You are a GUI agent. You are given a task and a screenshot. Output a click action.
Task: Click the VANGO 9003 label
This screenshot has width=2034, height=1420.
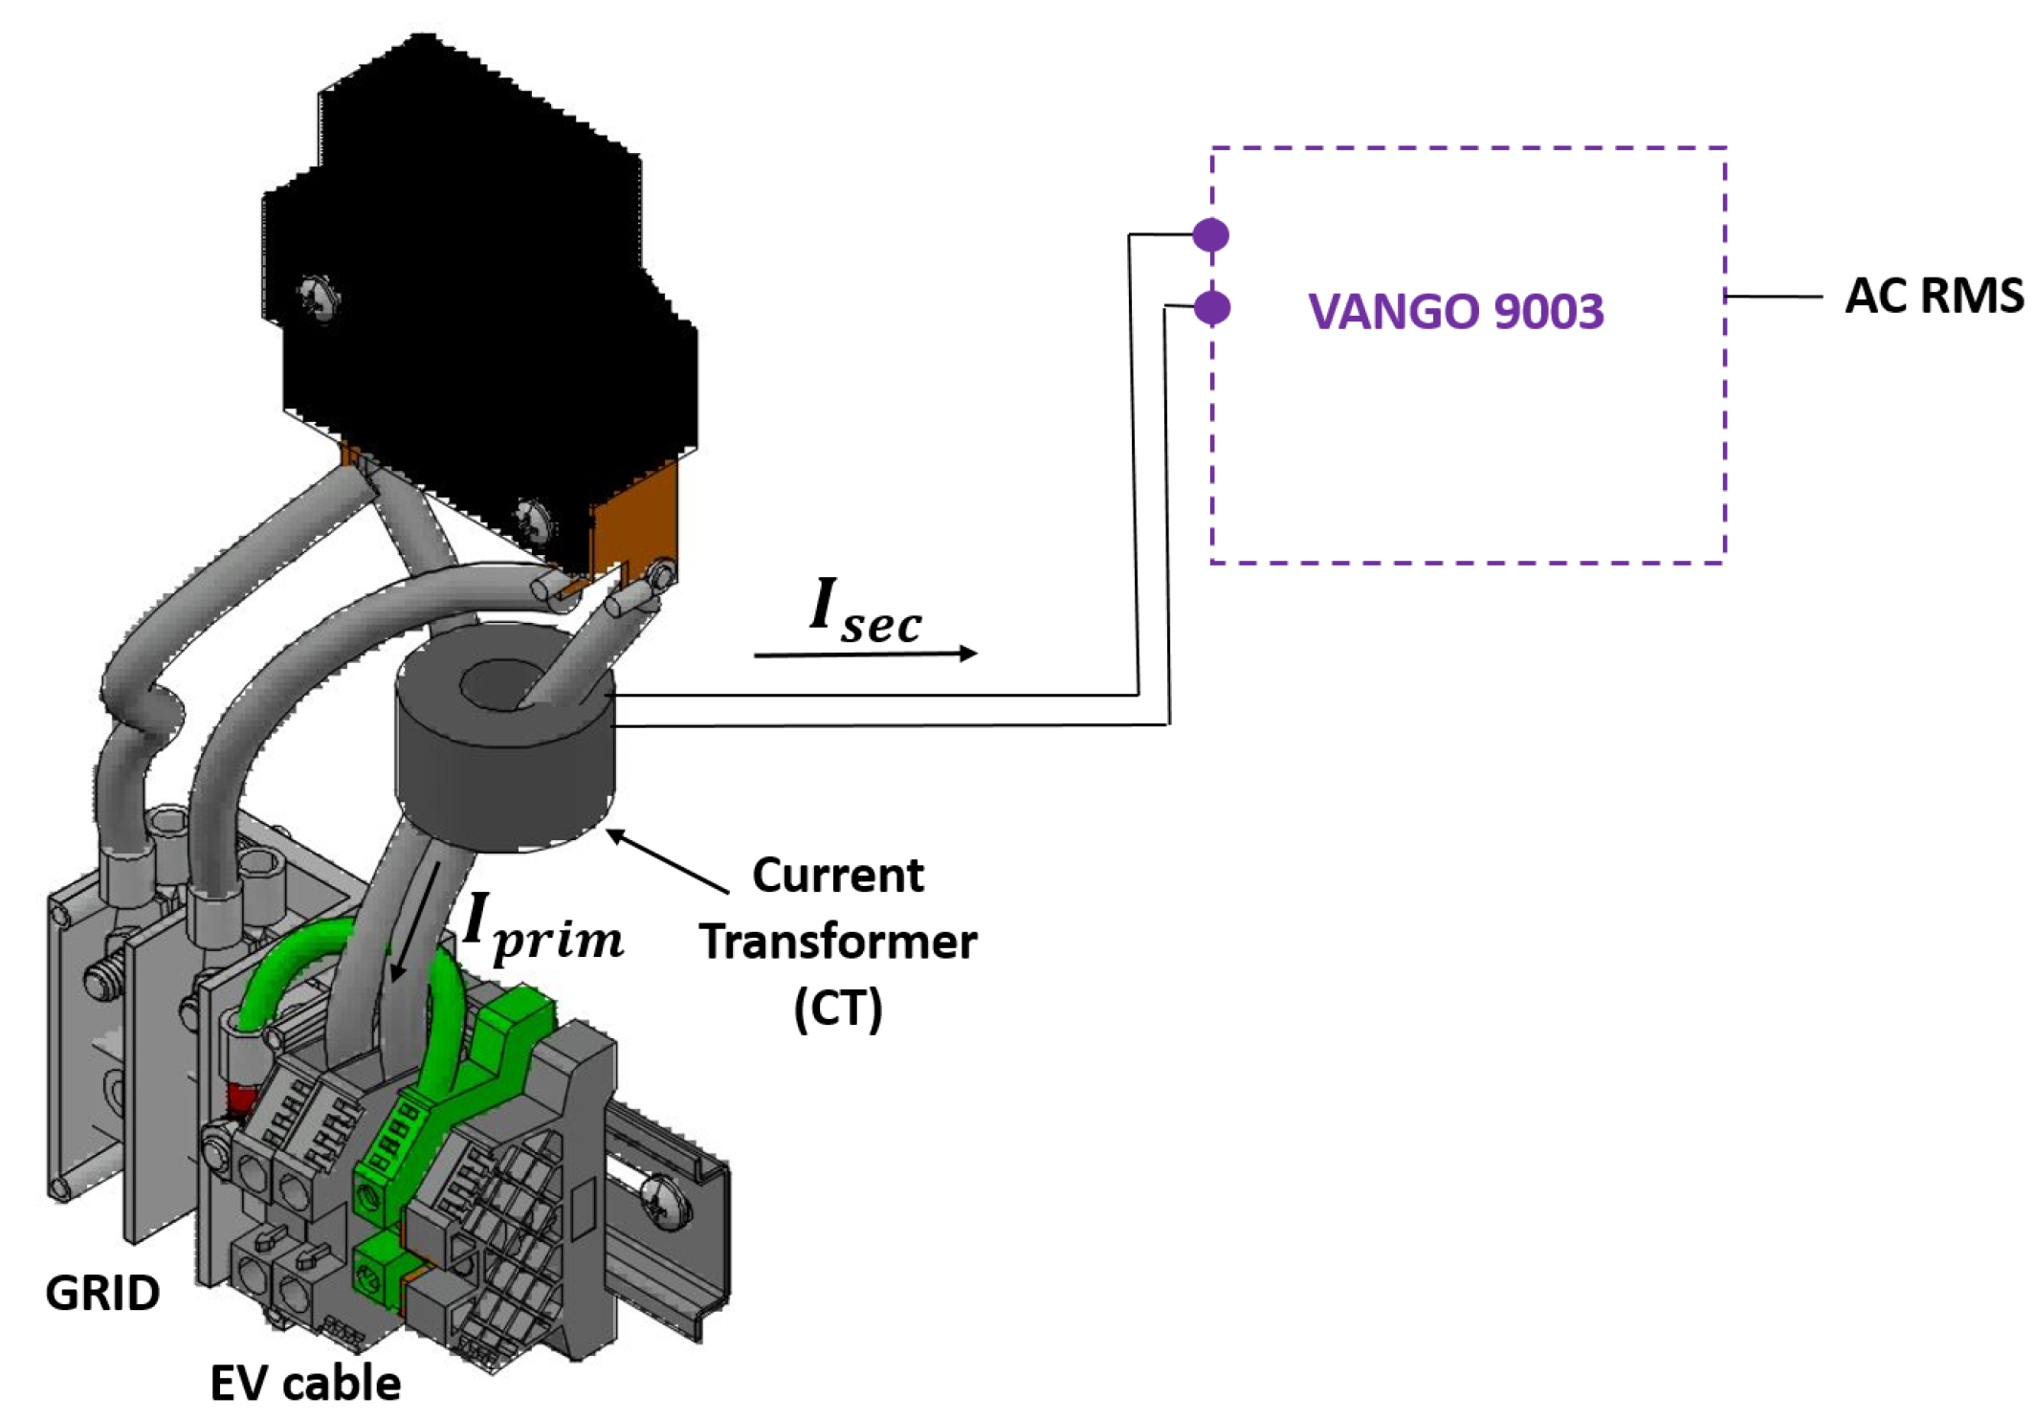(x=1455, y=312)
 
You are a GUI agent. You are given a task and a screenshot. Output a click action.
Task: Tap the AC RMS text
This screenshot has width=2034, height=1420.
(x=1933, y=296)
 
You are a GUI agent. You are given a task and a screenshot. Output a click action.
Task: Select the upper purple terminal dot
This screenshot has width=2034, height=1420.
(x=1211, y=234)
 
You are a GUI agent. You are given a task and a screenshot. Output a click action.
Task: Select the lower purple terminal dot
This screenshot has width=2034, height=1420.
(x=1212, y=307)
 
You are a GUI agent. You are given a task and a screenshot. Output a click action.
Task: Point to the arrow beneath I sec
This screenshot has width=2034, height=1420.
(x=865, y=655)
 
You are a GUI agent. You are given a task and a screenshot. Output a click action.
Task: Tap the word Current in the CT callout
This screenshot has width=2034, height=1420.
(x=838, y=876)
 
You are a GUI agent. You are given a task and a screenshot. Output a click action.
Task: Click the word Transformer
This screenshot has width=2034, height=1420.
(x=838, y=942)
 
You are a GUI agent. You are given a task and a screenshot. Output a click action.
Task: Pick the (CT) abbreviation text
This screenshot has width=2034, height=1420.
(x=838, y=1009)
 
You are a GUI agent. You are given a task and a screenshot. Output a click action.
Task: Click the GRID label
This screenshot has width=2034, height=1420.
(x=102, y=1294)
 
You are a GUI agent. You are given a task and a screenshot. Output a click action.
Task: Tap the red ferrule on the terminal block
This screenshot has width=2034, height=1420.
(x=240, y=1099)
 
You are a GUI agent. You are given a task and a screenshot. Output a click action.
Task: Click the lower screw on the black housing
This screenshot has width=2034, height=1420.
(x=533, y=521)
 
